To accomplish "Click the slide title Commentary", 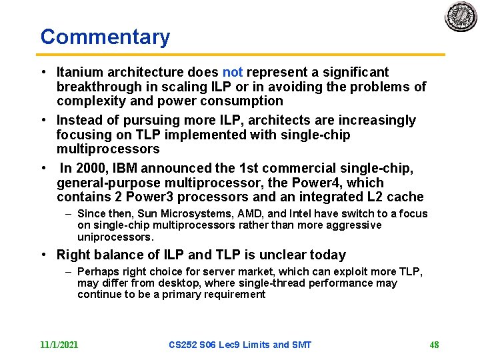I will coord(105,37).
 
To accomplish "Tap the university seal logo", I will coord(461,17).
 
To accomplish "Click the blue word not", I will coord(233,72).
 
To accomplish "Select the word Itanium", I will coord(80,72).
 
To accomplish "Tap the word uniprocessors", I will coord(115,237).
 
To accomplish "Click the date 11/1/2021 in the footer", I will coord(59,345).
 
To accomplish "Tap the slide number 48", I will coord(434,345).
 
